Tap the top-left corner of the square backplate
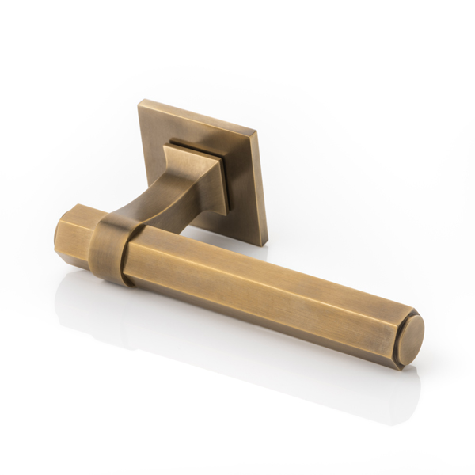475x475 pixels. (142, 101)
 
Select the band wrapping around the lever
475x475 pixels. (111, 245)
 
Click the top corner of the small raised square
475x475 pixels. (171, 143)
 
